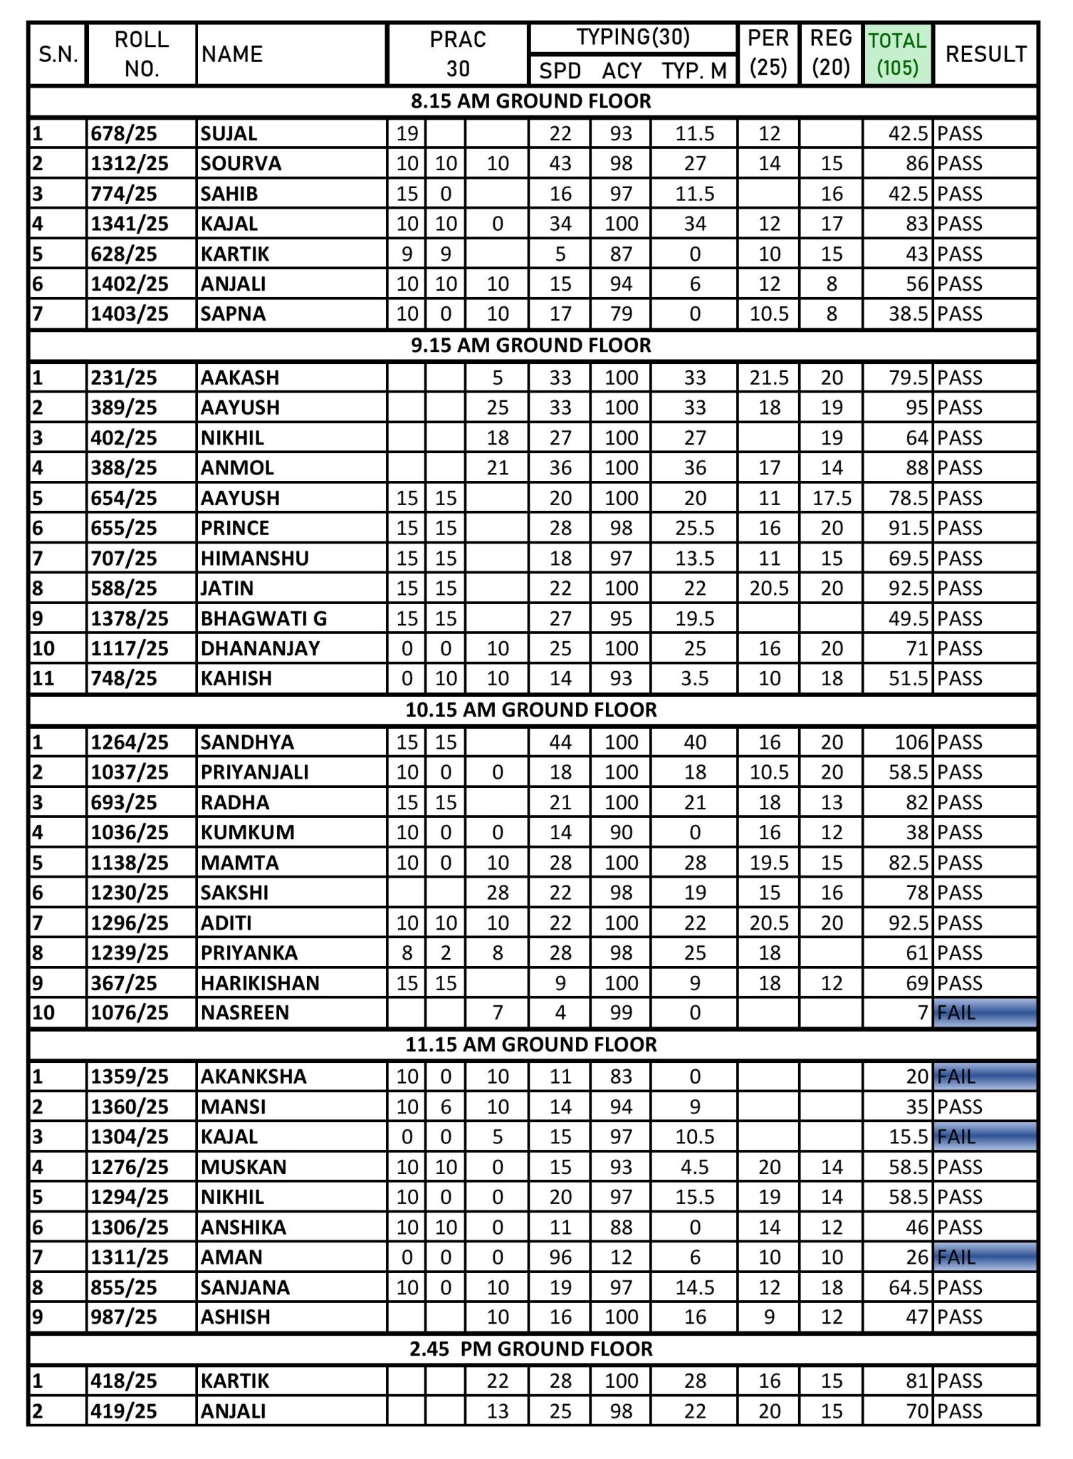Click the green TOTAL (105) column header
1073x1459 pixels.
(x=897, y=54)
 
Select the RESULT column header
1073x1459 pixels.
(x=985, y=54)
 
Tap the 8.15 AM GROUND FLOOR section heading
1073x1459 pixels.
(x=531, y=101)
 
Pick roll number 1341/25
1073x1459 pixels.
(x=130, y=224)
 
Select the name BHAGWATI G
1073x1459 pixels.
(x=263, y=618)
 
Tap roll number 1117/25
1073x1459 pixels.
(x=130, y=648)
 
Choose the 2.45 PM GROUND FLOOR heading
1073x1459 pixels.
(x=531, y=1349)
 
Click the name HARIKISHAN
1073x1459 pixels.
(x=260, y=983)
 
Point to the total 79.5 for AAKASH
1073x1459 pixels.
(x=909, y=378)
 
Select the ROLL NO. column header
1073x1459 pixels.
(x=142, y=54)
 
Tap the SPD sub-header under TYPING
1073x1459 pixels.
(x=560, y=71)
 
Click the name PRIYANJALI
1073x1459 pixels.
(x=254, y=772)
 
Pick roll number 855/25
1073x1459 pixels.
(x=124, y=1288)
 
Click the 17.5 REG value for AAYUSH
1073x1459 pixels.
(x=832, y=498)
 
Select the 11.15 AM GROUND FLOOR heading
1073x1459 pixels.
(x=531, y=1045)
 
